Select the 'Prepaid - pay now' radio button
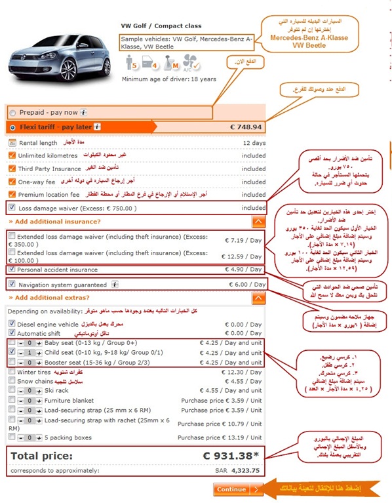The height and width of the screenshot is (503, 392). click(13, 112)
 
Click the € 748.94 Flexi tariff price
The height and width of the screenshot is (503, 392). click(246, 127)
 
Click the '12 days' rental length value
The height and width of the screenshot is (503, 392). click(252, 142)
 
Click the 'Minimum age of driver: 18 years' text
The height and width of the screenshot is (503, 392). click(168, 79)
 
